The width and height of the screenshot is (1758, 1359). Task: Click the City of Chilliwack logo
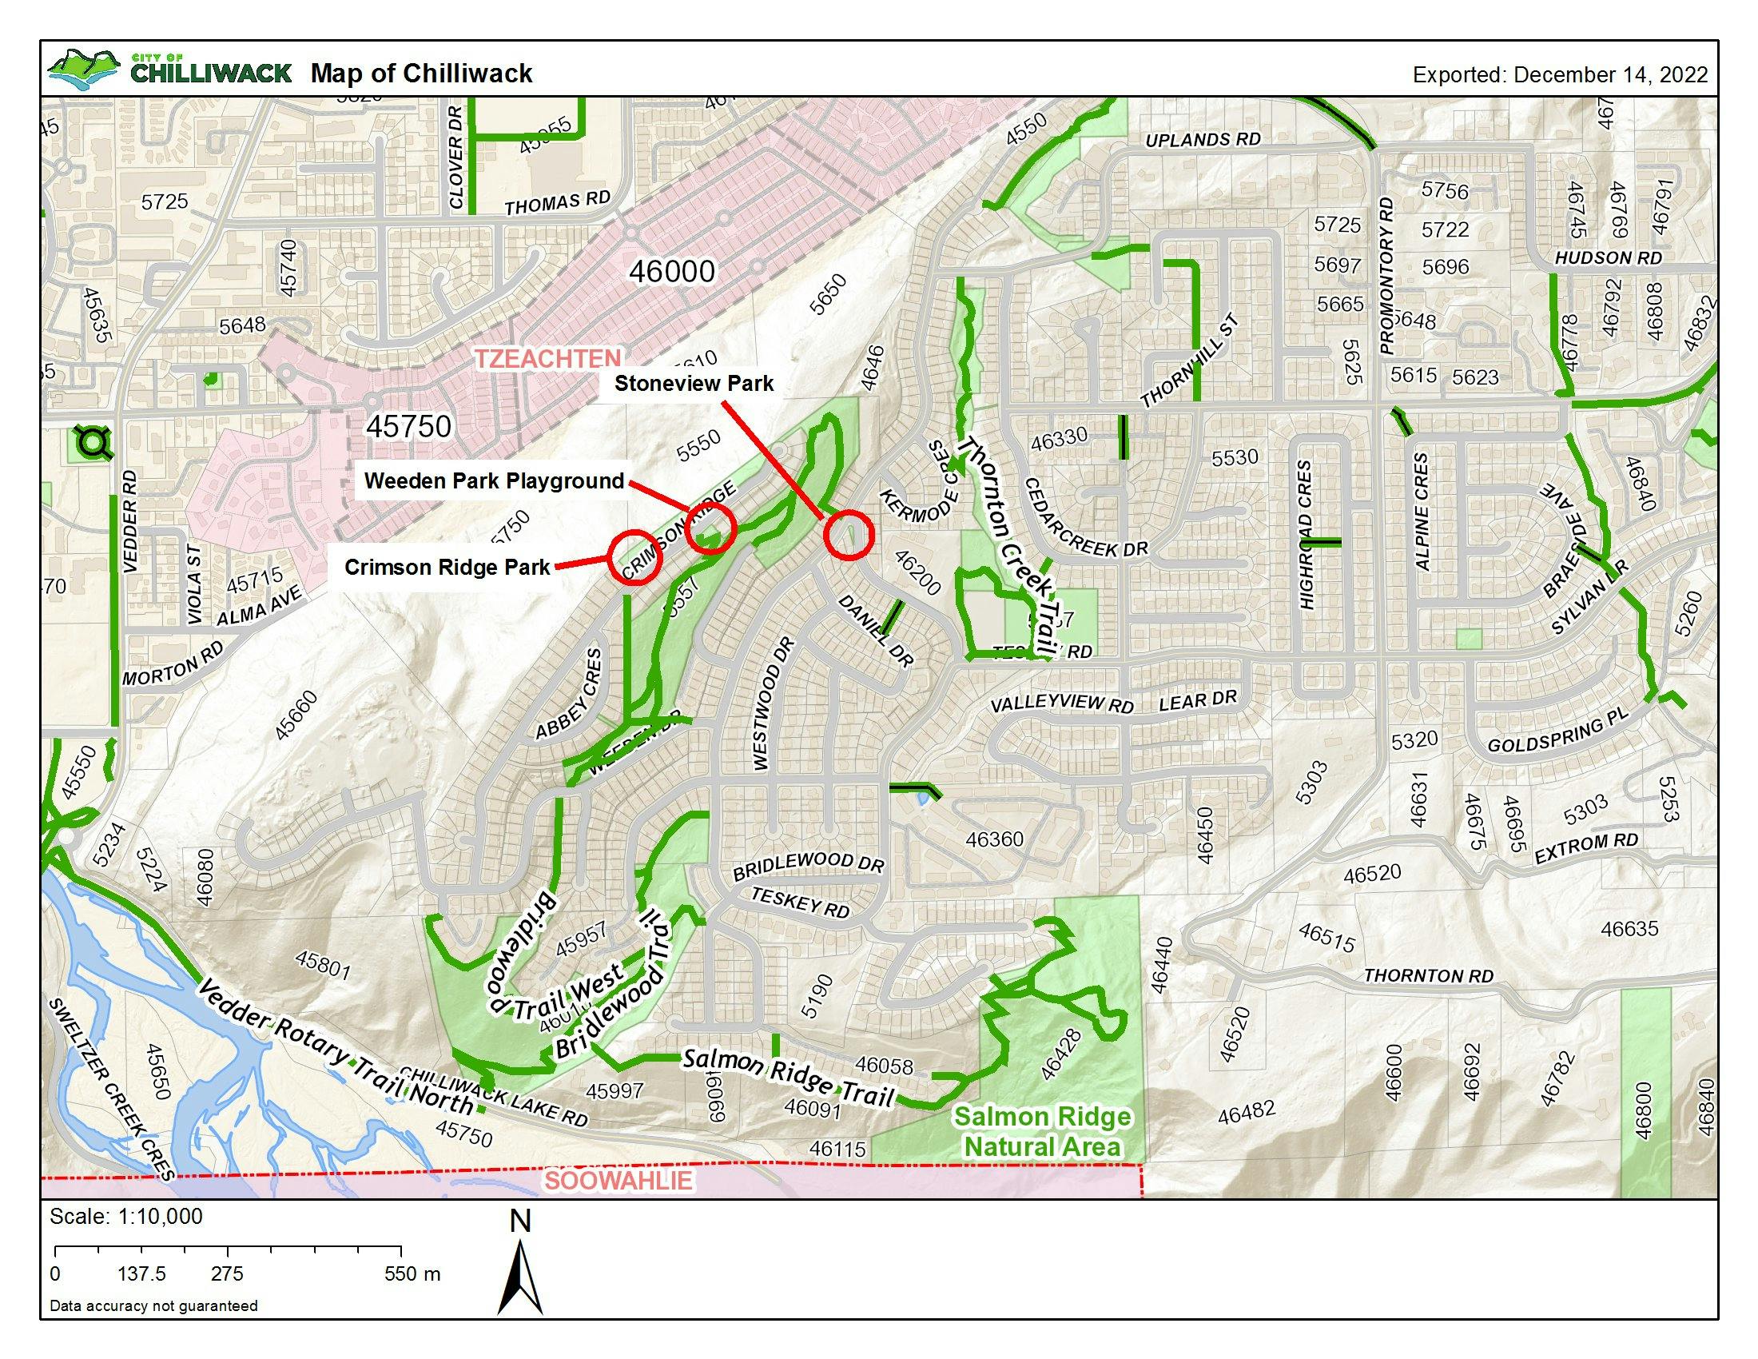pyautogui.click(x=169, y=71)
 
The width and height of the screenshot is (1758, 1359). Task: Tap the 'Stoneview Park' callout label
pyautogui.click(x=694, y=383)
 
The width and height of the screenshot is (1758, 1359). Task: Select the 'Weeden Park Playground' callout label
pyautogui.click(x=494, y=481)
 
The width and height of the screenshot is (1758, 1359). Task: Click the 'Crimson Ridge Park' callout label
pyautogui.click(x=447, y=568)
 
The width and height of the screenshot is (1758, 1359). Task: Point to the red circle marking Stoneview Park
pyautogui.click(x=849, y=535)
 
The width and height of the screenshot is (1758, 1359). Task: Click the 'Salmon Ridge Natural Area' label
pyautogui.click(x=1042, y=1131)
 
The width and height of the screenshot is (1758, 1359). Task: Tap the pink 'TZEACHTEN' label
pyautogui.click(x=548, y=359)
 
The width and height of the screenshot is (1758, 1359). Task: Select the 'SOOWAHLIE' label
pyautogui.click(x=618, y=1181)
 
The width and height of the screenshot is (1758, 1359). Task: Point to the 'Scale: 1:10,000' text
pyautogui.click(x=126, y=1217)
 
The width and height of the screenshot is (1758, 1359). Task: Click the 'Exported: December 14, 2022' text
pyautogui.click(x=1560, y=75)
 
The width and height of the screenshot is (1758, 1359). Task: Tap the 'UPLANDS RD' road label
pyautogui.click(x=1203, y=140)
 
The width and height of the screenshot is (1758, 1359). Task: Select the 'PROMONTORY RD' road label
pyautogui.click(x=1386, y=275)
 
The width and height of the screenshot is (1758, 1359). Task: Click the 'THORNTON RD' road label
pyautogui.click(x=1428, y=976)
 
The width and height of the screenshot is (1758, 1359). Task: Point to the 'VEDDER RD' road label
pyautogui.click(x=130, y=522)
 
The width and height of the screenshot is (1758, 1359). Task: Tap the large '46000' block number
pyautogui.click(x=672, y=272)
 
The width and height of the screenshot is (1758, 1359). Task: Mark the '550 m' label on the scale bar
pyautogui.click(x=412, y=1273)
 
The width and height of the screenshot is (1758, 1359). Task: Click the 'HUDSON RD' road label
pyautogui.click(x=1608, y=258)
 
